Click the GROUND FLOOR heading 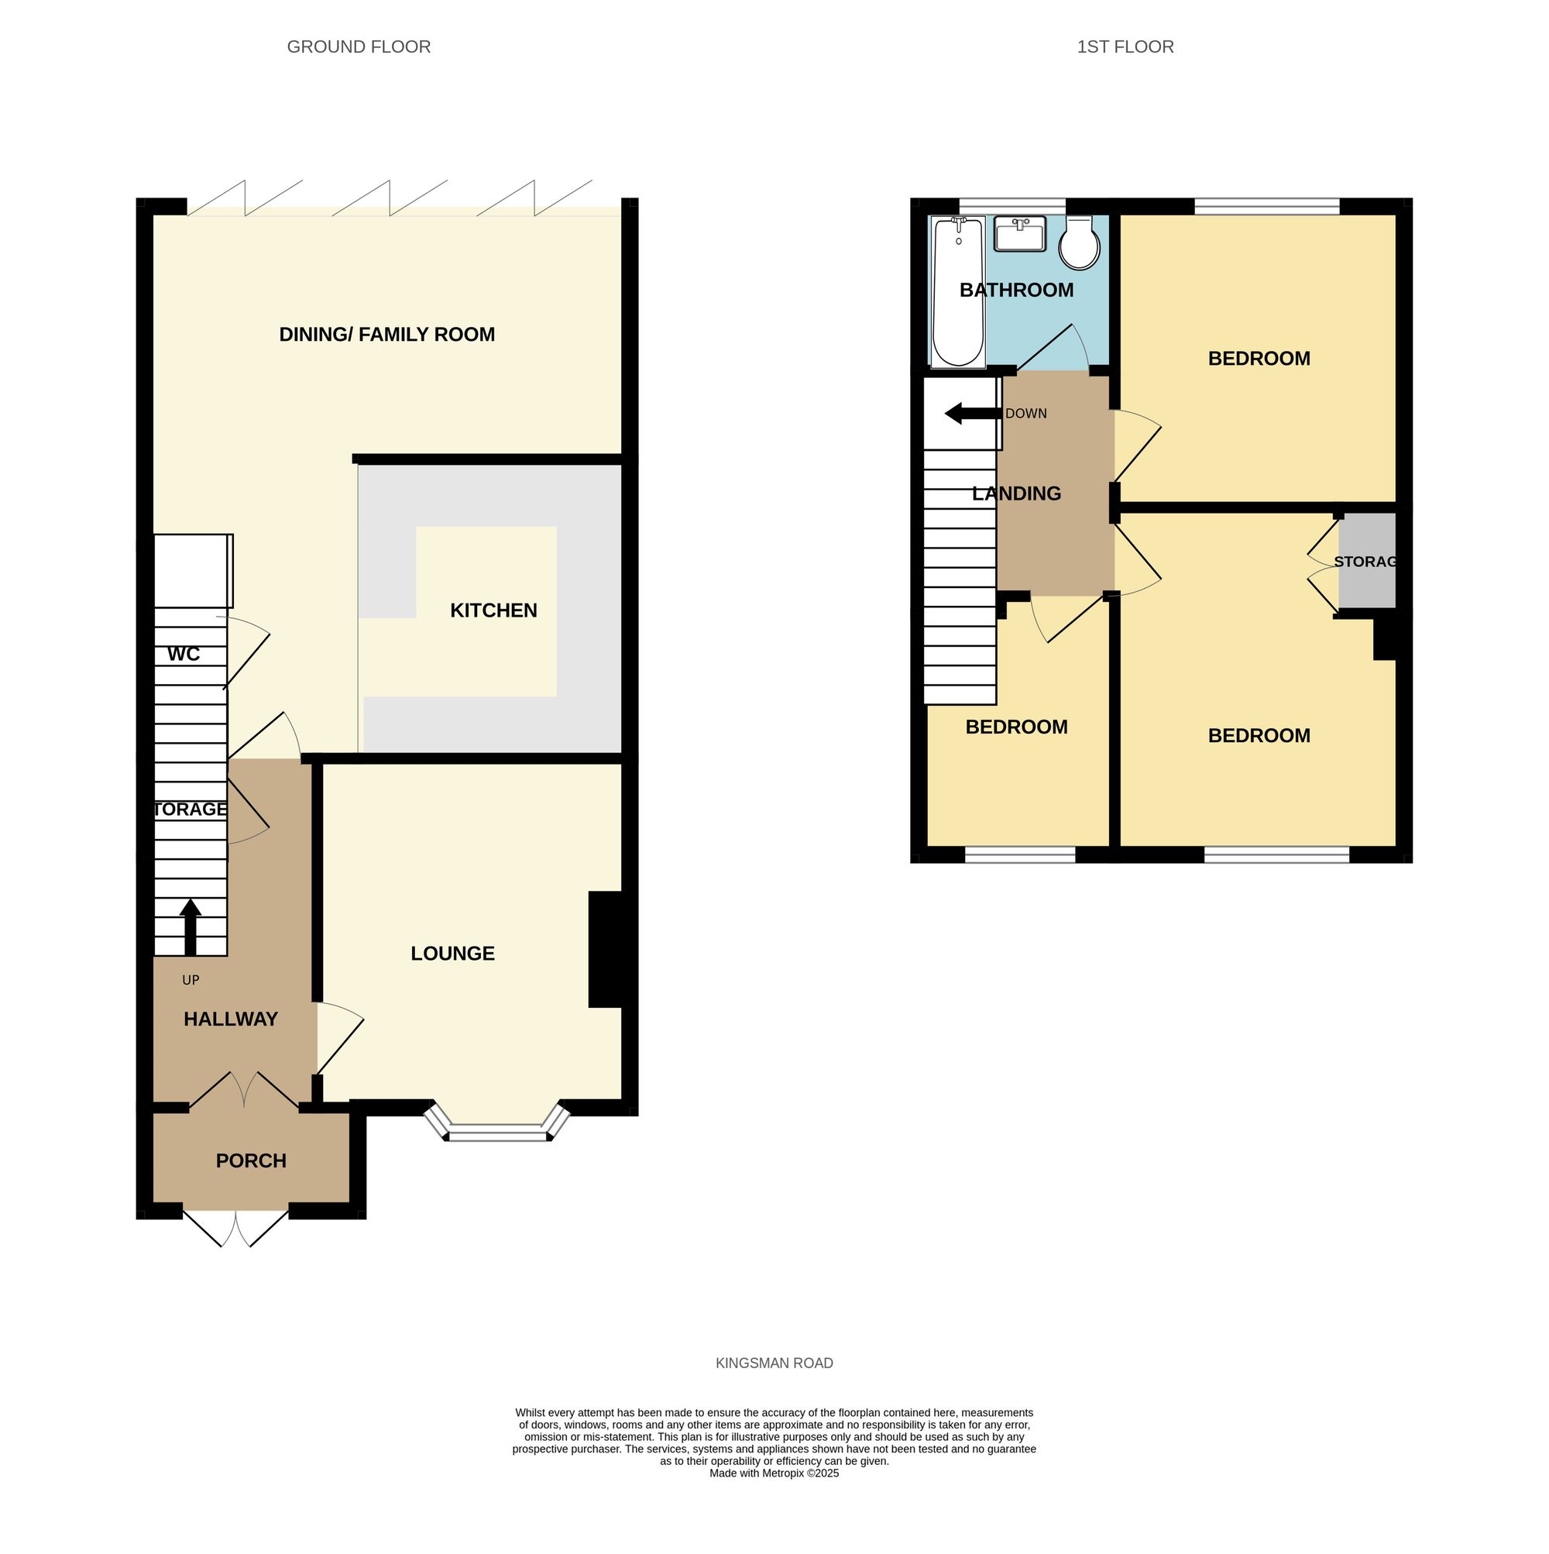point(359,46)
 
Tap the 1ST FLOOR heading point(1125,46)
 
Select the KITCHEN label point(493,610)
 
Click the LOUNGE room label point(452,953)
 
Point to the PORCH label point(251,1160)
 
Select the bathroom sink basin point(1020,234)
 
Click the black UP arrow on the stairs point(190,927)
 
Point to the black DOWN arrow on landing point(973,414)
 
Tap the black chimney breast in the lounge point(607,949)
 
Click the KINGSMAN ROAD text point(774,1363)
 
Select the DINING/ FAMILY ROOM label point(386,335)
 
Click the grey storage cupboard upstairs point(1365,561)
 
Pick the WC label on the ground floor point(184,654)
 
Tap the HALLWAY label point(230,1019)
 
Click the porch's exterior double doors point(235,1226)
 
